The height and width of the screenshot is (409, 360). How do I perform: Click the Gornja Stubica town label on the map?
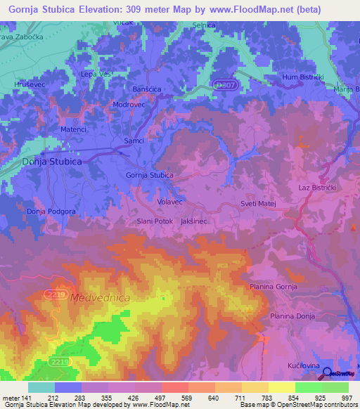click(149, 175)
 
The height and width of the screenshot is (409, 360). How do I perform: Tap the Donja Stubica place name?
click(53, 161)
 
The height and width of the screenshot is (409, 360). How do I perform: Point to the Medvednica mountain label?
click(100, 298)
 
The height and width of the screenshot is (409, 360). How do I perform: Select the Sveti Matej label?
click(260, 203)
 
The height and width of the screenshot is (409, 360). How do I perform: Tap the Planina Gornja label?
click(274, 287)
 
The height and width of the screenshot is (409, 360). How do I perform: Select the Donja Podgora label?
click(50, 211)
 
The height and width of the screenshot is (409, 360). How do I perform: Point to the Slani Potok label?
click(154, 221)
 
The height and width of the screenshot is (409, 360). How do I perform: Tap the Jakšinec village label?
click(193, 221)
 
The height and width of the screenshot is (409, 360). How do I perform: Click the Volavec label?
click(170, 202)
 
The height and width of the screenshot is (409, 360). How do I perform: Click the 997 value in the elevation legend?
click(348, 398)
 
